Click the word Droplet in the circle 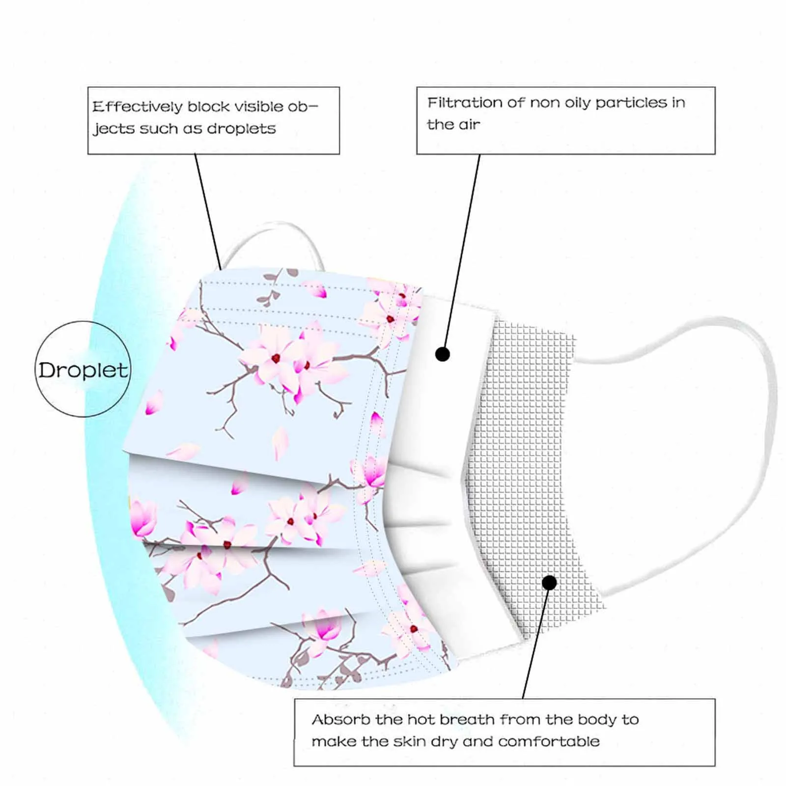click(83, 370)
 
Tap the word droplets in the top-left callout click(241, 129)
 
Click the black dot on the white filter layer click(443, 354)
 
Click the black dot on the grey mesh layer click(550, 583)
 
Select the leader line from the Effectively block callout click(208, 211)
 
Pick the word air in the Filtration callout click(469, 125)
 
